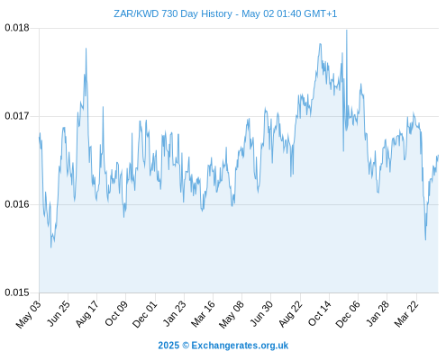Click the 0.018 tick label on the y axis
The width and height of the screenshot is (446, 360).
pos(17,28)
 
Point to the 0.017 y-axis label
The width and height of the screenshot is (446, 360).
pos(17,116)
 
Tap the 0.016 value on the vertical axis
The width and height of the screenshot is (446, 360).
pos(17,204)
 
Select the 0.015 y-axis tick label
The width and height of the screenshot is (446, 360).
pos(17,292)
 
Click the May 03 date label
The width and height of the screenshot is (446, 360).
pos(29,314)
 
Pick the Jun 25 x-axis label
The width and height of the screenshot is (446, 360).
pos(59,313)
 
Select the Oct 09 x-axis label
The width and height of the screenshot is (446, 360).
pos(116,313)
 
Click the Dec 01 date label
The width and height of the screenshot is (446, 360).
pos(145,314)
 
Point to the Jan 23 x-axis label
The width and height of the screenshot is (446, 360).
pos(174,313)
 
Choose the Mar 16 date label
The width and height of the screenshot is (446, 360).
pos(204,314)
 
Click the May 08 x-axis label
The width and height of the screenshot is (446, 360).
pos(232,314)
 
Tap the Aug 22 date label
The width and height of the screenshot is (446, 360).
pos(290,314)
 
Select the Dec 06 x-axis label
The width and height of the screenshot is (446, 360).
pos(348,314)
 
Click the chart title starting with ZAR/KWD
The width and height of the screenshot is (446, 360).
pos(225,13)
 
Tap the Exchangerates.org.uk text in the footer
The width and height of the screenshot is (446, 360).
pos(240,346)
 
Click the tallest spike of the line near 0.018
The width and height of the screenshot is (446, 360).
pos(347,31)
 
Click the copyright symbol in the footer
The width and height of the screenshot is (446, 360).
pos(186,346)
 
